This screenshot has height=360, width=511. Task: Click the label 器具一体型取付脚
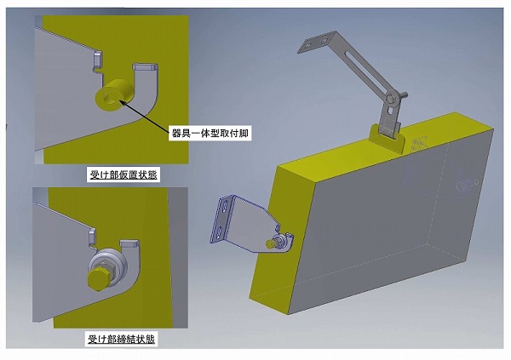point(210,133)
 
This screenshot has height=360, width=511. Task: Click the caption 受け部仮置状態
point(123,175)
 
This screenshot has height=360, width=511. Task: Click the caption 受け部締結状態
point(121,340)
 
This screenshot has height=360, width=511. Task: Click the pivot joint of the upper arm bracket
point(391,99)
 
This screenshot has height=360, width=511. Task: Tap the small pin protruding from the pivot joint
point(403,94)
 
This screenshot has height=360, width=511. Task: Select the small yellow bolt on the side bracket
point(270,243)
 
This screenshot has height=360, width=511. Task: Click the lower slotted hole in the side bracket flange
point(220,232)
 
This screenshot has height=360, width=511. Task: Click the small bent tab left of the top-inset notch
point(98,60)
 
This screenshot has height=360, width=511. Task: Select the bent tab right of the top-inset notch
point(146,66)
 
